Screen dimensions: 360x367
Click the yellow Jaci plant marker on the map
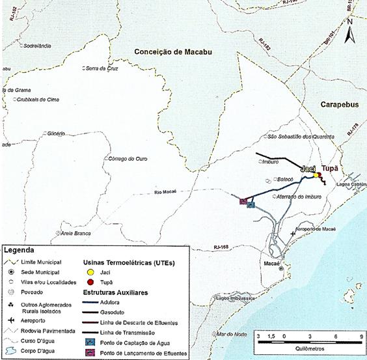tap(316, 175)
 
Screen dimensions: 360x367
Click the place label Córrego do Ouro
tap(132, 158)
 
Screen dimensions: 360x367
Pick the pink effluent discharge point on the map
tap(242, 201)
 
